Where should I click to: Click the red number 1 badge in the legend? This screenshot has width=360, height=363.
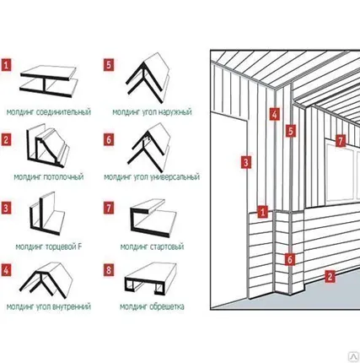6,65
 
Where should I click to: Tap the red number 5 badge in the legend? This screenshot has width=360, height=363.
109,65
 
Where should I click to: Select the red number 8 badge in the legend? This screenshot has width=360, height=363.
109,270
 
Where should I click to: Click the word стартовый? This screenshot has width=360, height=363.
167,247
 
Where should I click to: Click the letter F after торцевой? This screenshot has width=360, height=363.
80,247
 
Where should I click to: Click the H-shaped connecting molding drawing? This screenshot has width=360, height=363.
48,82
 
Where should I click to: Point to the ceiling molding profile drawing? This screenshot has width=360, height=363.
48,146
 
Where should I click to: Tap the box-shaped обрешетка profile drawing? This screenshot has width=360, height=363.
151,279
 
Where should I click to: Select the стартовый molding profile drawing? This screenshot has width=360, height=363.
153,219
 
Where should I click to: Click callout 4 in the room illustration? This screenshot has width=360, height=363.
274,114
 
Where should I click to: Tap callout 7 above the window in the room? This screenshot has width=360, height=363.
341,141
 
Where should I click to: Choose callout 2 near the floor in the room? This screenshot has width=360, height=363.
330,276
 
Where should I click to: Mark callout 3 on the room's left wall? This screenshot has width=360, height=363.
246,162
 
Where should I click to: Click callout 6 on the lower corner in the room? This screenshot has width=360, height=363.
290,259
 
